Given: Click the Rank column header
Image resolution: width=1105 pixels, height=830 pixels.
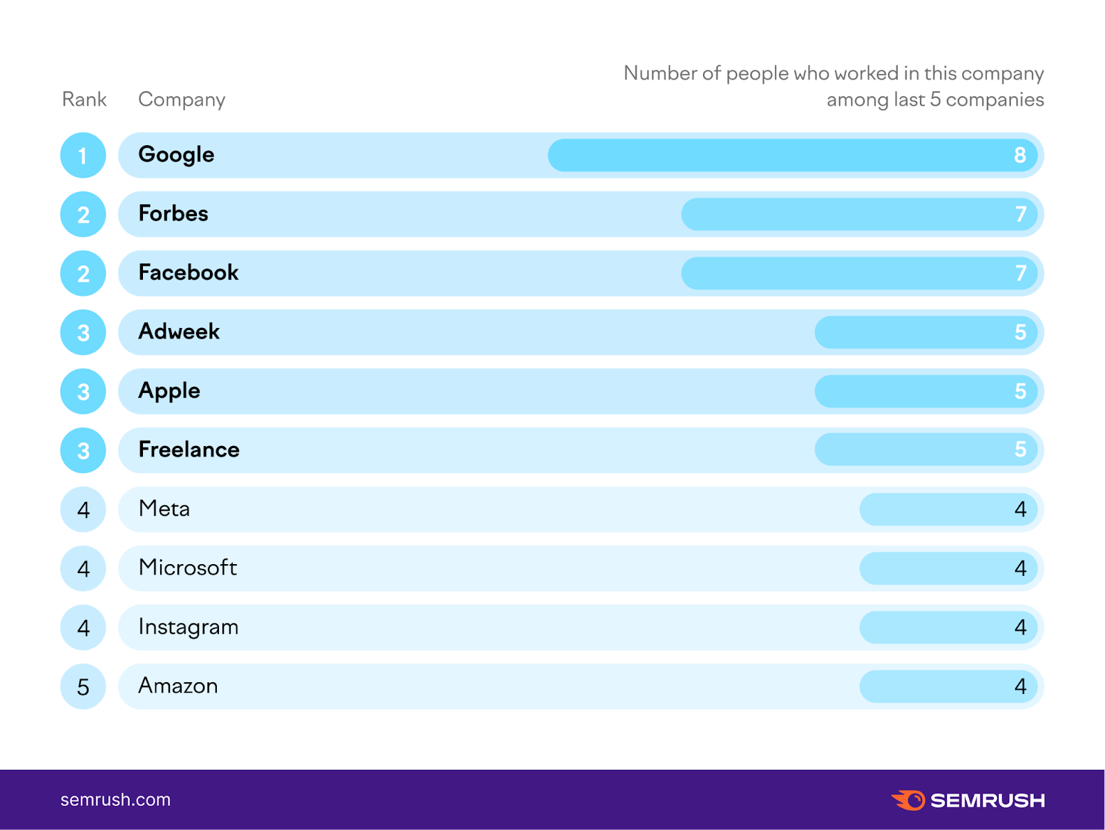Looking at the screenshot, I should point(84,99).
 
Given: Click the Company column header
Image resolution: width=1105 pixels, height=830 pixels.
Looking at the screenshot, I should point(182,99).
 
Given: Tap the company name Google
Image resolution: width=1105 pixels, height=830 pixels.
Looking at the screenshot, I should point(176,155).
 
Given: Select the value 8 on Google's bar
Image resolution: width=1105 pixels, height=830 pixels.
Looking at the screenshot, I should point(1019,155).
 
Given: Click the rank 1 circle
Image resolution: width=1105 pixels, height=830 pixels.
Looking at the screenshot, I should point(83,155).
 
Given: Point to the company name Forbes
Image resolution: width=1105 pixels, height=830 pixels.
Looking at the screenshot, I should point(173,213).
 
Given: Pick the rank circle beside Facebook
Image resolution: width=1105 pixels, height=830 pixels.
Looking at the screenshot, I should point(83,273).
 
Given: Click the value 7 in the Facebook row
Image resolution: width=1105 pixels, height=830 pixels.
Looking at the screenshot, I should point(1020,273).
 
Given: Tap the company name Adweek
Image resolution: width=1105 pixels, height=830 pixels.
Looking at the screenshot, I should point(179,331).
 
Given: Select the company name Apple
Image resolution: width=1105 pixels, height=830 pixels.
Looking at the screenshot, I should point(169,391).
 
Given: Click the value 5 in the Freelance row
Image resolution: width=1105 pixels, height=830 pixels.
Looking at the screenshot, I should point(1020,450).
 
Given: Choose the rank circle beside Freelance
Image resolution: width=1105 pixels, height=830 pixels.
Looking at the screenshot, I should point(83,450).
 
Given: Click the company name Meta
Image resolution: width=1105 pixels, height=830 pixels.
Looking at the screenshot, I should point(164,509).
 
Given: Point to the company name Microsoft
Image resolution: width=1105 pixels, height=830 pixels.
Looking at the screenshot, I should point(188,568).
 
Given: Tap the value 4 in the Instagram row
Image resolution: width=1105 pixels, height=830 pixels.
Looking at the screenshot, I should point(1020,627).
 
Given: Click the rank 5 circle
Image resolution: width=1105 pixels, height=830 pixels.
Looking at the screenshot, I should point(83,686).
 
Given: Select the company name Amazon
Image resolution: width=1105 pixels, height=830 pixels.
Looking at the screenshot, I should point(178,686).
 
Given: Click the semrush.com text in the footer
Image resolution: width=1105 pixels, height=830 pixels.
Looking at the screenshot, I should point(115,800).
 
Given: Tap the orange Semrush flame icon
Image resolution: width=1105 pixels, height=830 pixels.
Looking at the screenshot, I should point(909,800).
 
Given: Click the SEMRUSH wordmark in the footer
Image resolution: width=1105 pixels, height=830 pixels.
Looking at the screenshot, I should point(988,800).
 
